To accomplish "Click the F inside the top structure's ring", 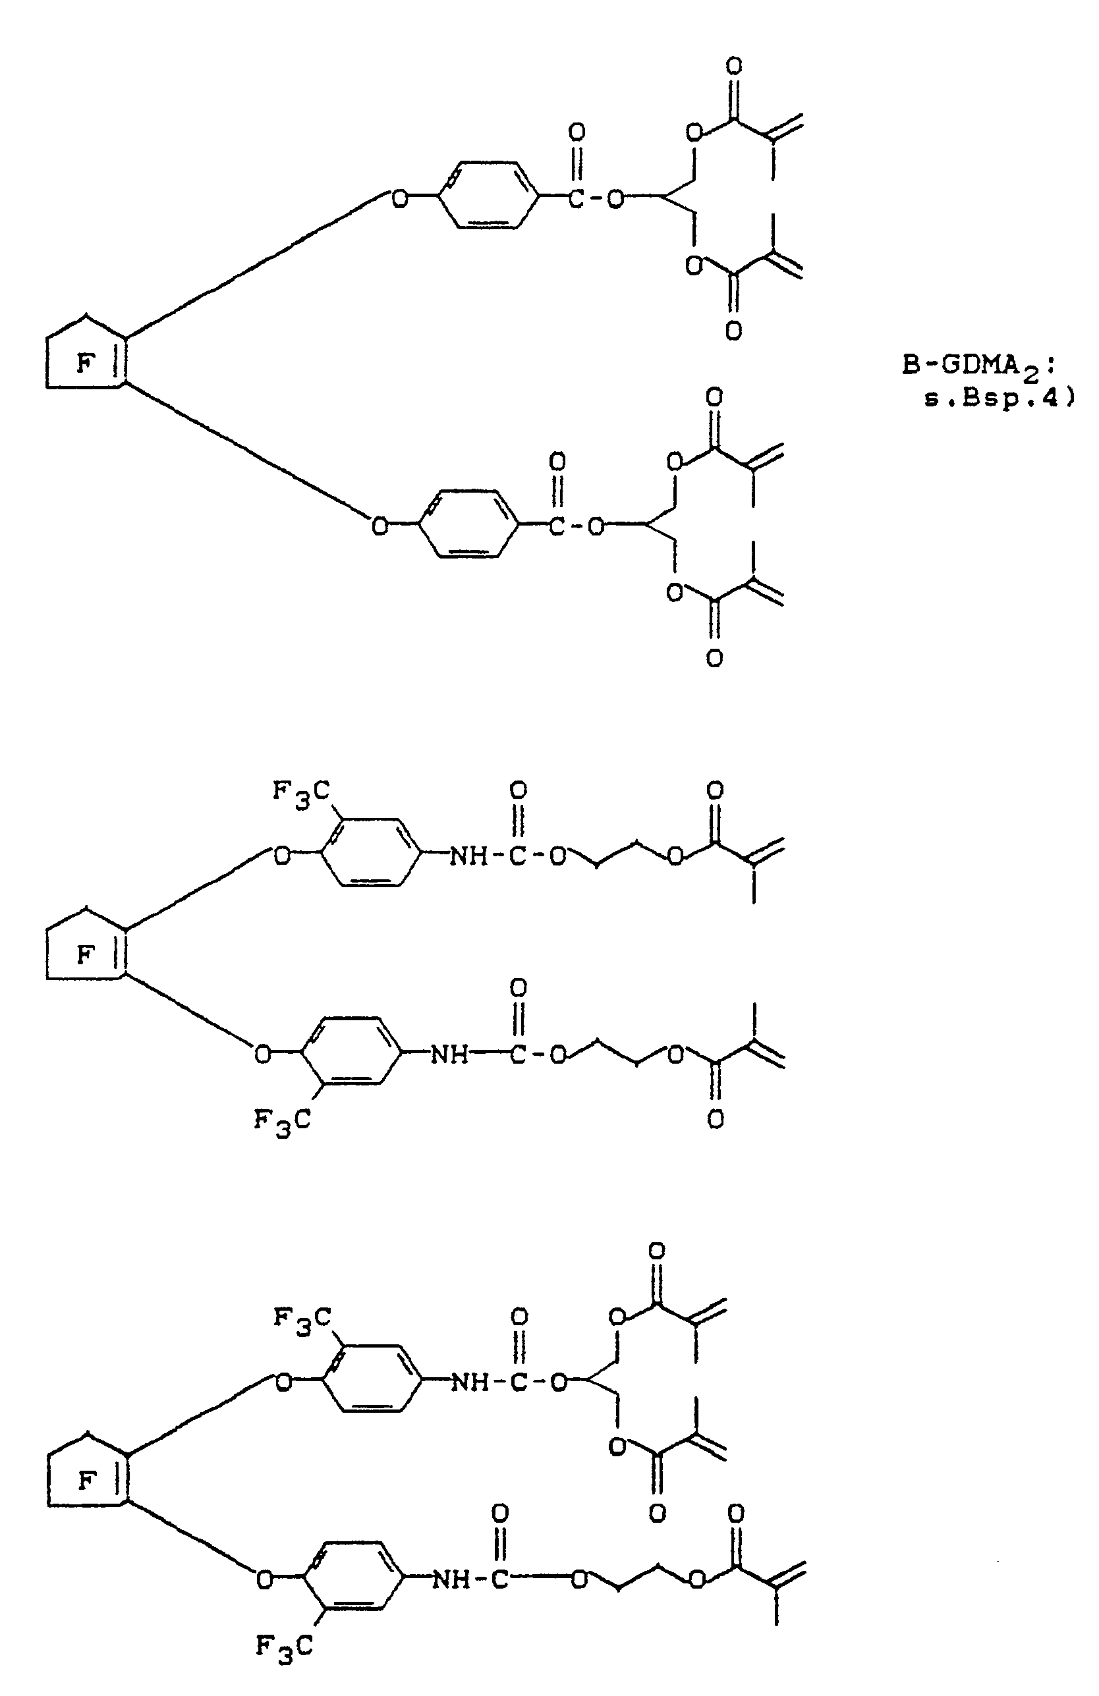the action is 85,364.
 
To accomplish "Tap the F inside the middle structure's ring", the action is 85,954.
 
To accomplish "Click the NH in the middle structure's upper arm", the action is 468,856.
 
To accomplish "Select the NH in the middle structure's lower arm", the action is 449,1054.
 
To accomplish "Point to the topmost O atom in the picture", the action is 733,67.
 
